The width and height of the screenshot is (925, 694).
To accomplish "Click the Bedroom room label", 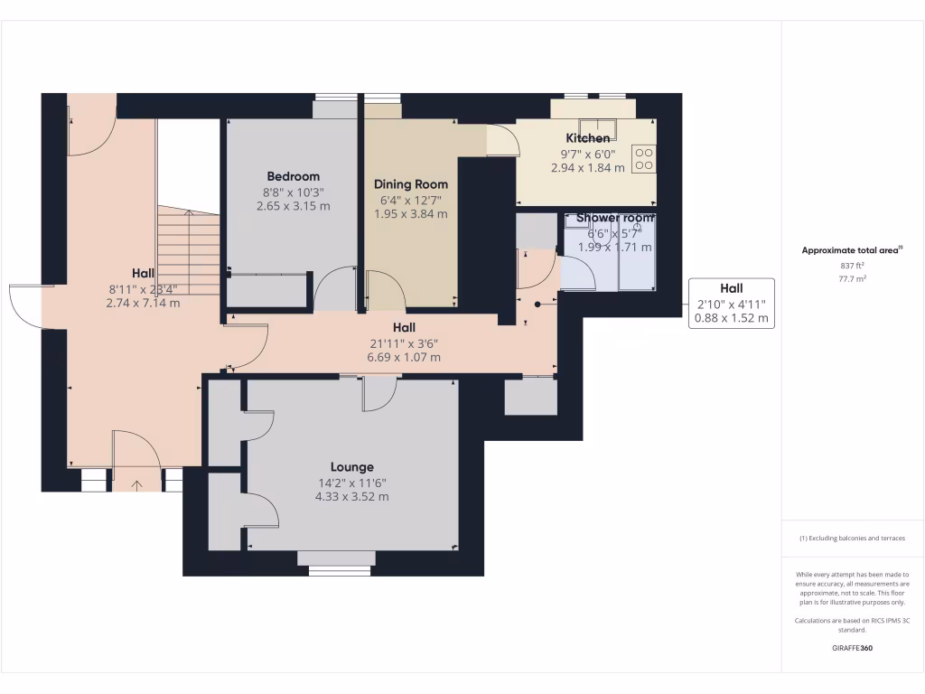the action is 294,176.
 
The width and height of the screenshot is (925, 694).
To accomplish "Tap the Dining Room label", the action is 411,184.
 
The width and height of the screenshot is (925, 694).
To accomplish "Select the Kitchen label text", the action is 587,138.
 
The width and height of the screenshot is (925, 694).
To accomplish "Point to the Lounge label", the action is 351,467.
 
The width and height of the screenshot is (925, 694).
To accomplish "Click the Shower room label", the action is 615,218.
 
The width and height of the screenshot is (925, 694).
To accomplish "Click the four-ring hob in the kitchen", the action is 643,159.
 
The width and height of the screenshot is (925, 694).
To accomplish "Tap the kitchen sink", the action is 597,128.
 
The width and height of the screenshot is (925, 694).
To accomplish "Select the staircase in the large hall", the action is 189,251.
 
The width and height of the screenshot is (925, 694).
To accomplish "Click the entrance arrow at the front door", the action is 136,485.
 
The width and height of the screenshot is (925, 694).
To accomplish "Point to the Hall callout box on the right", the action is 732,304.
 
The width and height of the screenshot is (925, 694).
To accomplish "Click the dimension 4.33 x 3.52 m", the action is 351,497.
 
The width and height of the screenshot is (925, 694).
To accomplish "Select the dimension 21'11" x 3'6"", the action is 404,343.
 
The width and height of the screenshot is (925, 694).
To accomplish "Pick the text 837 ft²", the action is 852,267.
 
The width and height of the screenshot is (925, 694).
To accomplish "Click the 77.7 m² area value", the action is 852,279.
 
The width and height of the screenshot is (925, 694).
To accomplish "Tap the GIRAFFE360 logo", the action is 852,648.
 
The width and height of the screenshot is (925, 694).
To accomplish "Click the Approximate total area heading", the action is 852,250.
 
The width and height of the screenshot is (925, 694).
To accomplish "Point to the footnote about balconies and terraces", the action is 852,539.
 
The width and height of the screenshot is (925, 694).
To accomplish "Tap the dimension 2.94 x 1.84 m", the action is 587,168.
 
